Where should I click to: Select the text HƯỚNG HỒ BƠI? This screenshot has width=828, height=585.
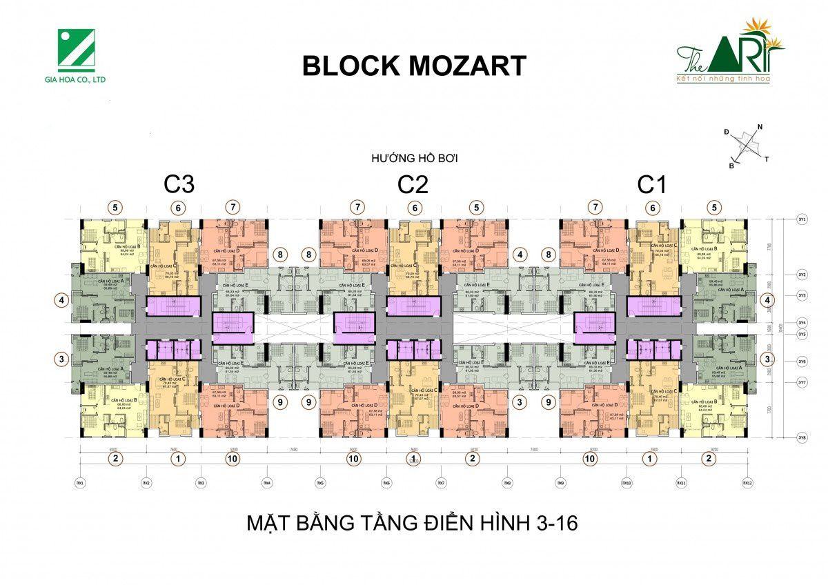[414, 158]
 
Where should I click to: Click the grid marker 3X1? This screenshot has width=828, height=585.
[80, 484]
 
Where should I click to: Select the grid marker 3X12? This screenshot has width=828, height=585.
[747, 484]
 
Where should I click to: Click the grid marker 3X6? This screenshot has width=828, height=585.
[386, 484]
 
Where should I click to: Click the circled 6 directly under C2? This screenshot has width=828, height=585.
[414, 206]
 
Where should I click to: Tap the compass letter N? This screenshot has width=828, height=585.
[760, 127]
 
